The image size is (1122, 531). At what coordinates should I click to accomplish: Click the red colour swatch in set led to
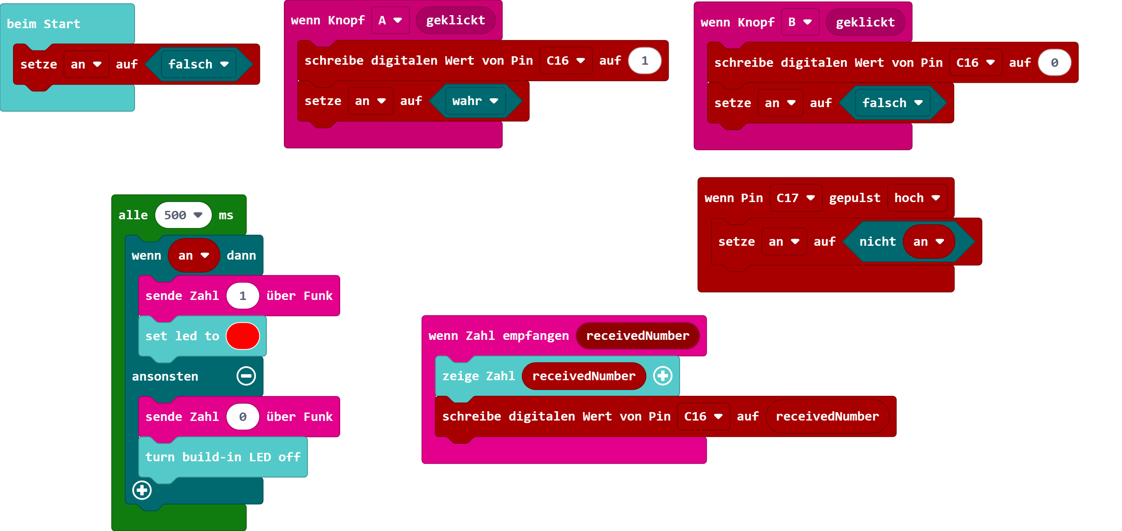243,336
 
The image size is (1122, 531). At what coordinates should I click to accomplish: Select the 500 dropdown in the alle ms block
183,215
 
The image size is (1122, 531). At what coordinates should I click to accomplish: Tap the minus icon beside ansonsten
246,376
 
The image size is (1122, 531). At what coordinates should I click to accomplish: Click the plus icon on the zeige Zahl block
662,376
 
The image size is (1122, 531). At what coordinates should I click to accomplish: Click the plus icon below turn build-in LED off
142,490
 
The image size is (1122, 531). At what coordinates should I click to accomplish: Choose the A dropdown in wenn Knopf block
390,21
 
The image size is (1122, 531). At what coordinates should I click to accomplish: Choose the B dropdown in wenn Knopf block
800,22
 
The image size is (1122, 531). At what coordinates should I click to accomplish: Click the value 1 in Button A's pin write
645,60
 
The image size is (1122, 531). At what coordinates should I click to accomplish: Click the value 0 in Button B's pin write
1054,63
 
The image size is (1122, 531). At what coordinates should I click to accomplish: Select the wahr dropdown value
475,101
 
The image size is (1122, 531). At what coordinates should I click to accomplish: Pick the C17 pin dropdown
795,198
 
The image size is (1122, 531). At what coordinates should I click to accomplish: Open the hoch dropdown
917,198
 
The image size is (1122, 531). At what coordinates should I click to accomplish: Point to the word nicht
877,242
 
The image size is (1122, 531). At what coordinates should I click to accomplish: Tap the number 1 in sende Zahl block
243,296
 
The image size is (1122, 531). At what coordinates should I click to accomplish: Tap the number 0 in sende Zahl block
243,417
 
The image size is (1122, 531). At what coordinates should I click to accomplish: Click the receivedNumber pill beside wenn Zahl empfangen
638,336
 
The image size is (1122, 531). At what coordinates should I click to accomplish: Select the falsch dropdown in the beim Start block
198,64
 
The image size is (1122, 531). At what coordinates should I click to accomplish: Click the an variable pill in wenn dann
193,255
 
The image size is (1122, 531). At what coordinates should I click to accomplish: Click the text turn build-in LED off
222,457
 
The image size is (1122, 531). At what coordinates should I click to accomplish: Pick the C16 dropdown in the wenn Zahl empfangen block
703,417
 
